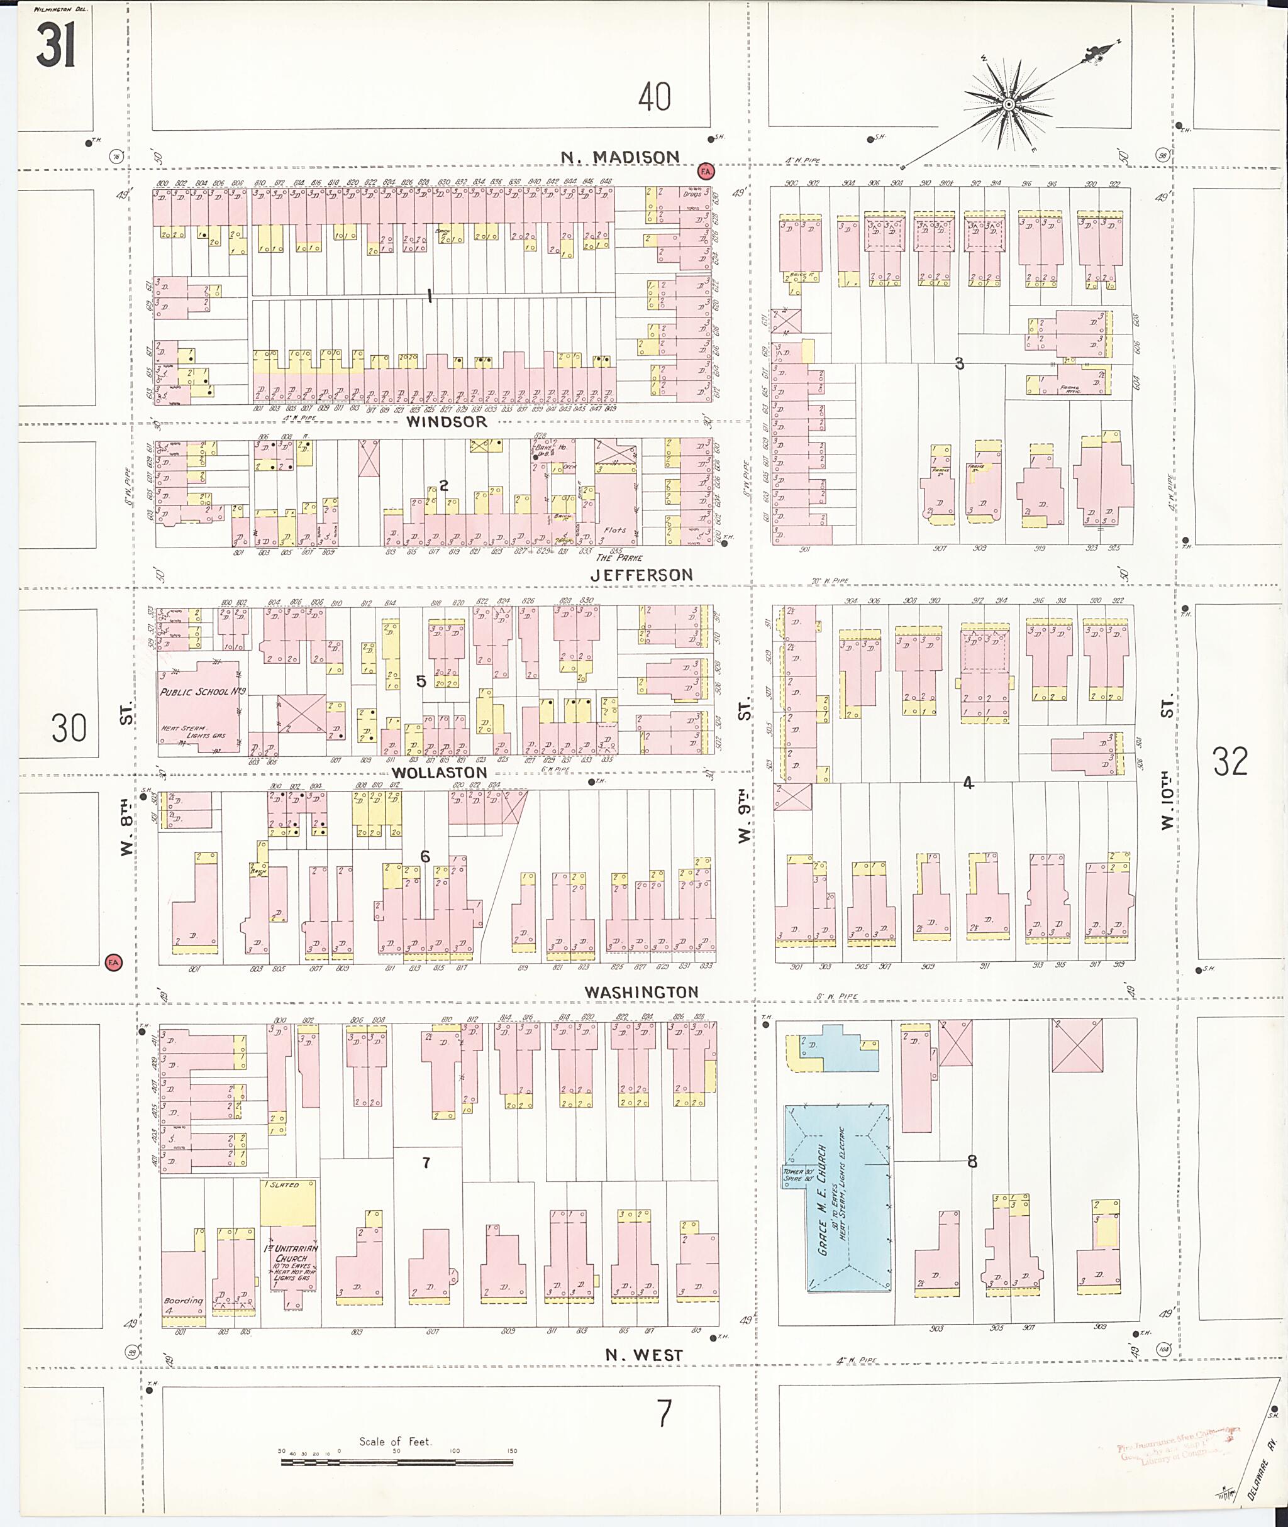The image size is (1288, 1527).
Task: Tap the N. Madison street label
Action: tap(620, 157)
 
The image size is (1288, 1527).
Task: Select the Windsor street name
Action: tap(446, 422)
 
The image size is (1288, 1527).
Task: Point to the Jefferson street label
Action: tap(641, 575)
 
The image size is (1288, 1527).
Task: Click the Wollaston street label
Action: tap(439, 772)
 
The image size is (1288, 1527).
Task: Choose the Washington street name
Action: tap(641, 992)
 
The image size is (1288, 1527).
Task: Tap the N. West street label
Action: tap(643, 1355)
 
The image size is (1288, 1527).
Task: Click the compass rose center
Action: tap(1008, 105)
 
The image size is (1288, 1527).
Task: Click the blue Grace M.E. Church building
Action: tap(838, 1198)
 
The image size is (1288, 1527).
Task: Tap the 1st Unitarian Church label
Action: tap(292, 1254)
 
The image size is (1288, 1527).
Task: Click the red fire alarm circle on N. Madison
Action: tap(706, 172)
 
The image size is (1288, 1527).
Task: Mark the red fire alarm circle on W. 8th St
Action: tap(113, 962)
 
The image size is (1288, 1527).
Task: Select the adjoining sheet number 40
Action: tap(654, 97)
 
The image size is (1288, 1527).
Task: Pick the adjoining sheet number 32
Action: tap(1230, 761)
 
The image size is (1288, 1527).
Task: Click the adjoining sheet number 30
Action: tap(69, 728)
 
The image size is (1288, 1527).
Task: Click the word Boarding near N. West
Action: tap(182, 1300)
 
